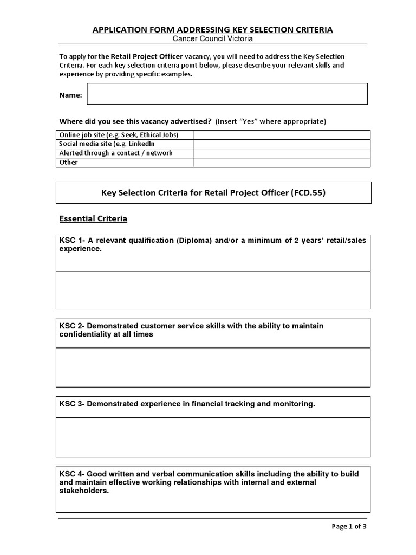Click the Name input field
(x=227, y=94)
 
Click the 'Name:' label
(x=70, y=95)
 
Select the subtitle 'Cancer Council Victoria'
(x=213, y=39)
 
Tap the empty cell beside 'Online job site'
(x=282, y=135)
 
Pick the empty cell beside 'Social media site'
(x=282, y=144)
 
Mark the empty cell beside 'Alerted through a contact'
(x=282, y=153)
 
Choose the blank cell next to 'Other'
(x=282, y=162)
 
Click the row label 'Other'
(x=68, y=162)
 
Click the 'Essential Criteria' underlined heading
(x=93, y=219)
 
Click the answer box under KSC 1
(x=213, y=290)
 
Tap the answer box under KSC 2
(x=213, y=367)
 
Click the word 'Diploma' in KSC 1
(x=194, y=241)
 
